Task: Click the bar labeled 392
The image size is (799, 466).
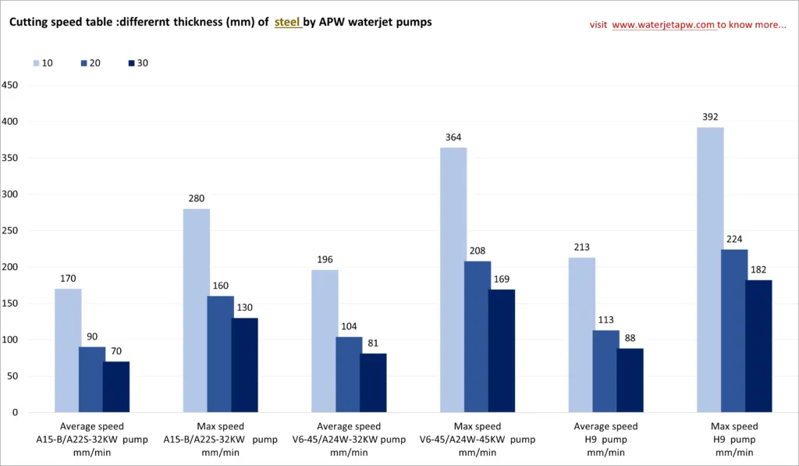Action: (709, 269)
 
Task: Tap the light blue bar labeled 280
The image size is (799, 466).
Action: (197, 310)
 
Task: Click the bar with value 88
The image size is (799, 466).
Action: (630, 380)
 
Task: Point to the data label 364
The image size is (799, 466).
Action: (453, 137)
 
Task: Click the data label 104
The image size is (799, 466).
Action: (349, 326)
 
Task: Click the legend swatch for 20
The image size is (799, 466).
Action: (83, 63)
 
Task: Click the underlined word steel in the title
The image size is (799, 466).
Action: (287, 23)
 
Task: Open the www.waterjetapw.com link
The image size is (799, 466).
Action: (663, 25)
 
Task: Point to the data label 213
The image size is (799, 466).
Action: (582, 247)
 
